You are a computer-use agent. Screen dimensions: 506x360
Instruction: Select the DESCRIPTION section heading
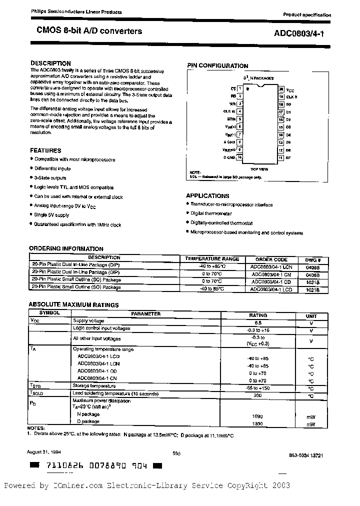[50, 63]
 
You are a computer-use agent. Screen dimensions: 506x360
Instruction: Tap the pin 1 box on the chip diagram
[240, 88]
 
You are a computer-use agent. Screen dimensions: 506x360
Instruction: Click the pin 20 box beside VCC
[281, 88]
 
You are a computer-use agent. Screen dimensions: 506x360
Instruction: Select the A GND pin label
[229, 142]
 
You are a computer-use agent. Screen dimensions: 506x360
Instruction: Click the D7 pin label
[288, 158]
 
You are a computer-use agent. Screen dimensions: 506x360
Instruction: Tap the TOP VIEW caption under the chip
[260, 169]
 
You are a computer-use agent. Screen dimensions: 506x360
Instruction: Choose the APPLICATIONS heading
[207, 196]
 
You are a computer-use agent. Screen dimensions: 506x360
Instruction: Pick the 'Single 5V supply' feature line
[51, 215]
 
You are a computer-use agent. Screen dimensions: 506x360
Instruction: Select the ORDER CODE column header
[271, 259]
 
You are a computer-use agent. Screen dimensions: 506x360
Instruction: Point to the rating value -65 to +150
[258, 388]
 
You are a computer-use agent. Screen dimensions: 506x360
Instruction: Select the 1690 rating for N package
[258, 416]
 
